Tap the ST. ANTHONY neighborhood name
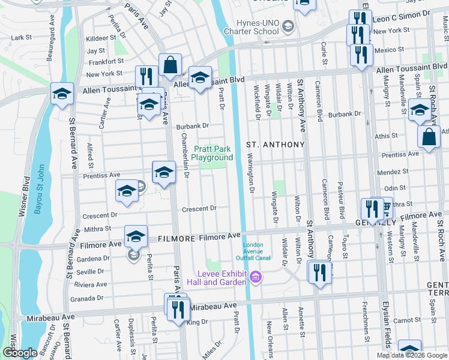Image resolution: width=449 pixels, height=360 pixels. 276,145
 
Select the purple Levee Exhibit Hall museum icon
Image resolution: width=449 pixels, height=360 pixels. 256,277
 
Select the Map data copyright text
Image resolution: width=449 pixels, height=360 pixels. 412,355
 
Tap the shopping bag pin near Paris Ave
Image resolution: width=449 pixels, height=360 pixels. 170,65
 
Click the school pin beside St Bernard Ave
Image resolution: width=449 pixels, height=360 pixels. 62,94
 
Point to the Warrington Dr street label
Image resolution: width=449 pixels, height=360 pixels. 251,173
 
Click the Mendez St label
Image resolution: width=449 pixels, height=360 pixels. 394,171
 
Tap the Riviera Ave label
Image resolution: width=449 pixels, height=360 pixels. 91,284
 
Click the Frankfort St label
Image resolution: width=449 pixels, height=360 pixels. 105,61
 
